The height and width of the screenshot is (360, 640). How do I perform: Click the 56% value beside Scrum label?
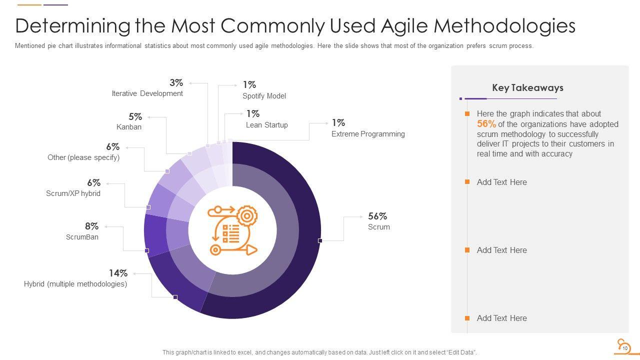[377, 216]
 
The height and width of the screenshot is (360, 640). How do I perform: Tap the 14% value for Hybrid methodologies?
[118, 273]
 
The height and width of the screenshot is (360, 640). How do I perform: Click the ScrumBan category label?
[82, 237]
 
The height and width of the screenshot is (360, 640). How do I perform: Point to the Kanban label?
[129, 127]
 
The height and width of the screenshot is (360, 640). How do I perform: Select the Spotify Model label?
[264, 96]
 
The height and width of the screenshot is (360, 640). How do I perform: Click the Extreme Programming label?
[368, 134]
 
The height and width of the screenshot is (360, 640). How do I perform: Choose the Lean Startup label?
[266, 125]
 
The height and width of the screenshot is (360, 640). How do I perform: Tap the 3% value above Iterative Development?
[176, 82]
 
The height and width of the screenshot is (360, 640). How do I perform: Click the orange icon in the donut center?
[232, 230]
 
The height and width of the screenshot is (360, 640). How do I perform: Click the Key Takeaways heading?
[527, 88]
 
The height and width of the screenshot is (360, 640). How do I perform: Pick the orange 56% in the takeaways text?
[486, 124]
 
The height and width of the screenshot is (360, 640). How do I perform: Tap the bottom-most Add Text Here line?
[501, 318]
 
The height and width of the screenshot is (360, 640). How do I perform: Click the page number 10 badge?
[624, 347]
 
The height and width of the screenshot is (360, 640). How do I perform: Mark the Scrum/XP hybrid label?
[73, 193]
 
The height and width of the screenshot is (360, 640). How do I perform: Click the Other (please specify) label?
[83, 157]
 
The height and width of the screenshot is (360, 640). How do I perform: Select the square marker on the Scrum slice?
[320, 241]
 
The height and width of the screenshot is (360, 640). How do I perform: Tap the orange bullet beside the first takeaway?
[467, 114]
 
